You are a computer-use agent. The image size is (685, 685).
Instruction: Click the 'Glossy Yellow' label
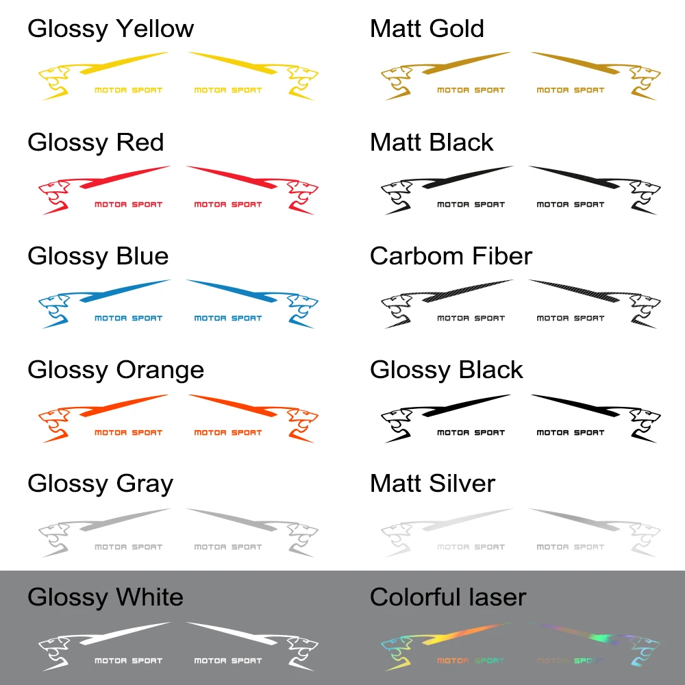click(x=110, y=29)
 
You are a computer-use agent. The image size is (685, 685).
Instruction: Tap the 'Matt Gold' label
click(x=427, y=29)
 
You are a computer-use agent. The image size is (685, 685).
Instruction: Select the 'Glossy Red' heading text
click(x=96, y=142)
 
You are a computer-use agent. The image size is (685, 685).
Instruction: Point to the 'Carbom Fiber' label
click(x=451, y=256)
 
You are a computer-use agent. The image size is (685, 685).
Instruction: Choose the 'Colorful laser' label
click(x=448, y=597)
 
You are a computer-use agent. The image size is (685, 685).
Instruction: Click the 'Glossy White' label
click(x=105, y=597)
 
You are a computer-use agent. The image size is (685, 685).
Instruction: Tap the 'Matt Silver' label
click(x=432, y=484)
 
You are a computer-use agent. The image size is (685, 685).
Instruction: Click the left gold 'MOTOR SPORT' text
click(x=471, y=90)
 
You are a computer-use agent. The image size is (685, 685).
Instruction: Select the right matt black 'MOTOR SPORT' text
click(x=571, y=204)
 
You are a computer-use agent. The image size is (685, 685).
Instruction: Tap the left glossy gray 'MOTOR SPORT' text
click(x=128, y=547)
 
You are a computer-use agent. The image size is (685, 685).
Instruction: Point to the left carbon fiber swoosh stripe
click(x=466, y=290)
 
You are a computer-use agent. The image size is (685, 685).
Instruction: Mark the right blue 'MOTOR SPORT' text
click(x=228, y=318)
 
